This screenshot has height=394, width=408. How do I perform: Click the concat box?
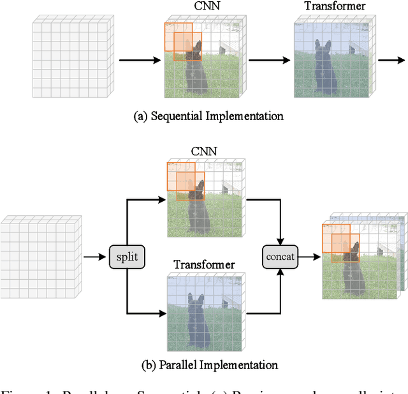281,257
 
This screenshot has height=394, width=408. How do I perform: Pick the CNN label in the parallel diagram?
205,151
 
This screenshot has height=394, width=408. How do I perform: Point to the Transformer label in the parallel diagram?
205,264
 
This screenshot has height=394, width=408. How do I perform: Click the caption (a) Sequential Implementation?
208,116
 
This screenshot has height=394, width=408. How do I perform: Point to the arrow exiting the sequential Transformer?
390,61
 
